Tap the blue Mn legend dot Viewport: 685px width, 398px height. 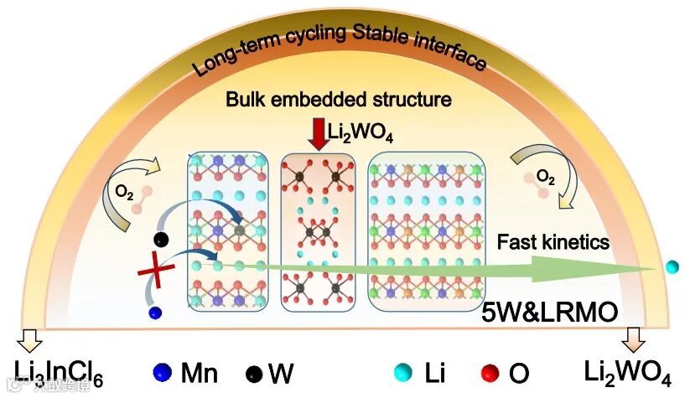point(163,372)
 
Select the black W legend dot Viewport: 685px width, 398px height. point(253,373)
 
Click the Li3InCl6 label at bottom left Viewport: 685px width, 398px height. point(59,373)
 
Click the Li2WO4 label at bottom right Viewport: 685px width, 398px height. point(630,373)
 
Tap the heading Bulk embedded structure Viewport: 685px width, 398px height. point(339,100)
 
